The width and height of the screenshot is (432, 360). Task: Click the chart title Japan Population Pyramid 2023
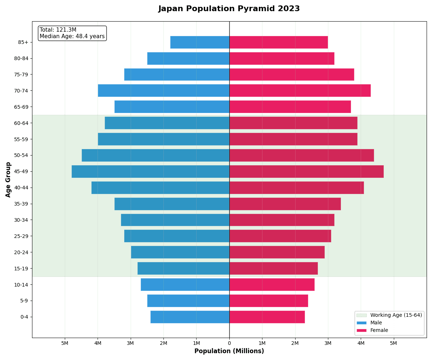click(x=229, y=9)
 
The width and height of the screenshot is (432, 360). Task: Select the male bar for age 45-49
click(x=150, y=171)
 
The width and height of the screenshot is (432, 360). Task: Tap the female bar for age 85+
click(x=278, y=42)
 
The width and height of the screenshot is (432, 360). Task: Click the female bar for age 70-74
click(x=300, y=91)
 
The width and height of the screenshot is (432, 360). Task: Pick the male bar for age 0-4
click(x=190, y=317)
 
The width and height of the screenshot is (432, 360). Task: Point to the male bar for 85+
click(x=200, y=42)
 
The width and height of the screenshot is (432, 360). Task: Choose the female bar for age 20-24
click(x=277, y=252)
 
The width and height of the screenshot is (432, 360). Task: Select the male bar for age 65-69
click(x=172, y=107)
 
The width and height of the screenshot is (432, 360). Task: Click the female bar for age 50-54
click(x=301, y=156)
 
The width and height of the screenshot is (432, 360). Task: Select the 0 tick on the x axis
click(x=229, y=343)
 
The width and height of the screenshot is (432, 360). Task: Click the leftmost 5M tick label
click(x=65, y=343)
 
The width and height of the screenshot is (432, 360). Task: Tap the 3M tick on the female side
click(x=328, y=343)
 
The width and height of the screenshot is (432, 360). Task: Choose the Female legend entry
click(x=379, y=330)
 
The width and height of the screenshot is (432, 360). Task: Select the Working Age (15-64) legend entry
click(x=396, y=315)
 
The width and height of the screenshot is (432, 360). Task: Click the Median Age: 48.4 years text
click(x=72, y=36)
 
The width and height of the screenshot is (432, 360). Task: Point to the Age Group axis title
click(x=8, y=179)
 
